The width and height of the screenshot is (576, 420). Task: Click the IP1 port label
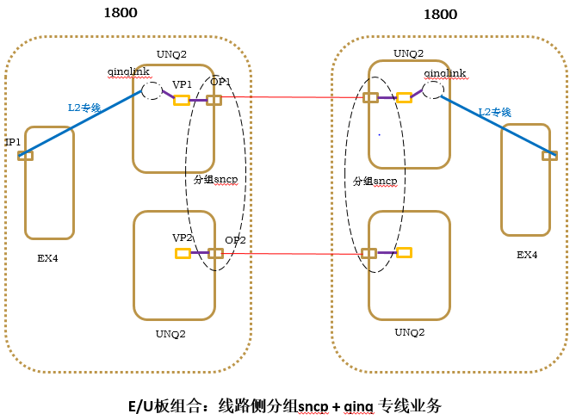(13, 142)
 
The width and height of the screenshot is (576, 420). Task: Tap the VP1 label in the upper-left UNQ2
(182, 84)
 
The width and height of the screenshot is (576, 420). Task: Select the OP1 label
(220, 82)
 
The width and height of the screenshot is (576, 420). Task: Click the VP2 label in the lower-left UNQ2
(182, 237)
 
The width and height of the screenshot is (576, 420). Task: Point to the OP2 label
(235, 240)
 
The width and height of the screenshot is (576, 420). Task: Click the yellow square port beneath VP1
(182, 100)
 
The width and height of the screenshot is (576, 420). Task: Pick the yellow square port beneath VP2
(183, 253)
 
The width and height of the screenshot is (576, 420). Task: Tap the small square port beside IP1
(25, 155)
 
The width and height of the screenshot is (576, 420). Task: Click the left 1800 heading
(120, 13)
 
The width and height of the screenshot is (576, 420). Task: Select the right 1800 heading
(440, 15)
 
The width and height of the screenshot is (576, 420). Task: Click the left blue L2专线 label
(85, 108)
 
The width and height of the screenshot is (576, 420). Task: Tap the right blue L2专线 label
(495, 113)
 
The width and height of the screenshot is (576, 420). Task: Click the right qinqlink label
(445, 74)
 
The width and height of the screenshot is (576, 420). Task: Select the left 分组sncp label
(215, 179)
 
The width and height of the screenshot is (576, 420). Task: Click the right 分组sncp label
(375, 182)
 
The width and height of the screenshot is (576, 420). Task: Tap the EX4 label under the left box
(47, 256)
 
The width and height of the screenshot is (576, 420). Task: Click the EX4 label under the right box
(527, 255)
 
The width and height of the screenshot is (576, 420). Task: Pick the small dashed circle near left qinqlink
(151, 90)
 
